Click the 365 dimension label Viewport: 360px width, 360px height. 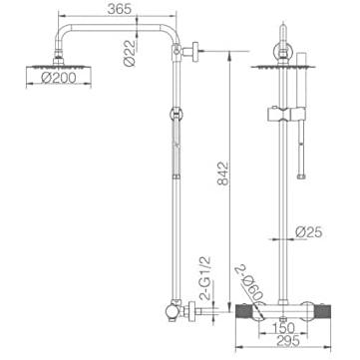point(119,9)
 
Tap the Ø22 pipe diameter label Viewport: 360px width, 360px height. point(130,53)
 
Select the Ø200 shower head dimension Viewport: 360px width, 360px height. point(59,78)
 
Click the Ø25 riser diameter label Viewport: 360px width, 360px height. point(309,232)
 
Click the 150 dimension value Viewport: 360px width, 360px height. point(283,328)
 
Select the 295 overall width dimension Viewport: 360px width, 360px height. point(287,340)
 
